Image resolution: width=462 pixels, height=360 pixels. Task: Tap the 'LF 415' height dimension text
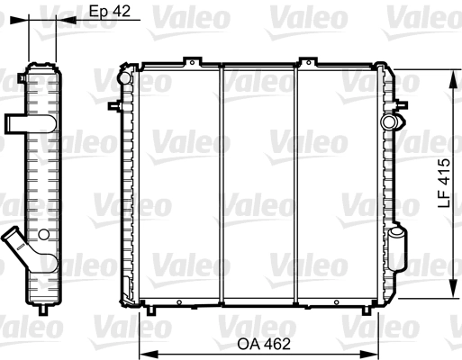443,184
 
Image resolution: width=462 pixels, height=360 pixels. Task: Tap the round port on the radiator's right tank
389,121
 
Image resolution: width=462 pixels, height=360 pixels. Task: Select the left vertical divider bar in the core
221,184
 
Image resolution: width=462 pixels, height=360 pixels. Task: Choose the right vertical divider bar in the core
298,184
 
